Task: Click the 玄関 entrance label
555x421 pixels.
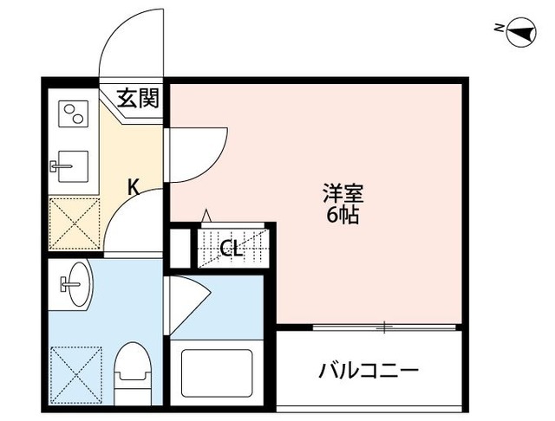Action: (138, 98)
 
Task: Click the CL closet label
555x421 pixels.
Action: (231, 249)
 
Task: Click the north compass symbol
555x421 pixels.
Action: (518, 33)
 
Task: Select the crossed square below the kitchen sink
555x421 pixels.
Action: (74, 222)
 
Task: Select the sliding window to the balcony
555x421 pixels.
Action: (383, 327)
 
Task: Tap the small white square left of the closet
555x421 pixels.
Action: (180, 247)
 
